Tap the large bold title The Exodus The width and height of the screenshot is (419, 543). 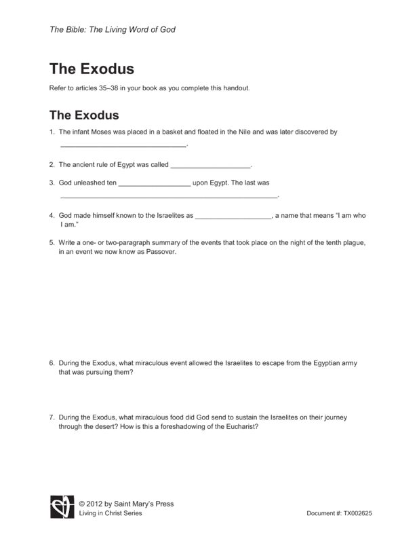click(x=92, y=69)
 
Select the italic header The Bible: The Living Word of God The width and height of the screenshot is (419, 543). click(x=113, y=29)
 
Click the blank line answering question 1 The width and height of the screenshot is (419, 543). click(x=123, y=145)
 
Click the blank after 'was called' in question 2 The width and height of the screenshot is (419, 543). click(x=210, y=164)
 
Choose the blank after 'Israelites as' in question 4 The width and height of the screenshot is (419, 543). click(x=233, y=215)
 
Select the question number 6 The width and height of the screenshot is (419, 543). click(x=52, y=363)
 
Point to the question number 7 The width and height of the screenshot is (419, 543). click(x=52, y=417)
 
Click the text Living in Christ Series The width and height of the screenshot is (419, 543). click(x=111, y=514)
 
